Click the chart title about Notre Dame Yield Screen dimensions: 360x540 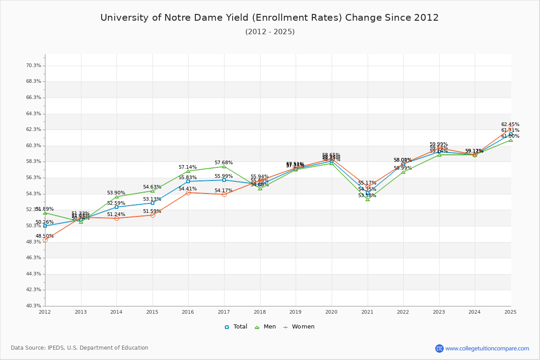[270, 18]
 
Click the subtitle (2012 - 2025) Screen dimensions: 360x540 [270, 32]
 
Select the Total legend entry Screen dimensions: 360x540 [236, 327]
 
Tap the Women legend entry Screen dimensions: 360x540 [299, 327]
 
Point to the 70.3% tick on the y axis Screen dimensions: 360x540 [34, 65]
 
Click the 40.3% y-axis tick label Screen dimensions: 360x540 [34, 306]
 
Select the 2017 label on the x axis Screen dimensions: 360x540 [224, 311]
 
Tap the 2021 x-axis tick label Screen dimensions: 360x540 [367, 311]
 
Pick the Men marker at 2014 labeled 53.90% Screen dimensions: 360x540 [117, 197]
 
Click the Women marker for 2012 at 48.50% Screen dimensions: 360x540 [45, 240]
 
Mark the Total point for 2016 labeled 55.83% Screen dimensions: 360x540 [188, 181]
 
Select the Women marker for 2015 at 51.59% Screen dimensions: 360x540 [153, 215]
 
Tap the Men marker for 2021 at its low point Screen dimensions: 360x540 [368, 199]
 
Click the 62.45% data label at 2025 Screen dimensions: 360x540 [510, 124]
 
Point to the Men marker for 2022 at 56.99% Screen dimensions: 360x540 [403, 172]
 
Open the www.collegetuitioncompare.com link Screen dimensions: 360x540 [487, 348]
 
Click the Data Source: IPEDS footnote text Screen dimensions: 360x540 [80, 348]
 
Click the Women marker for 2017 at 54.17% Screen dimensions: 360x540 [224, 194]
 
